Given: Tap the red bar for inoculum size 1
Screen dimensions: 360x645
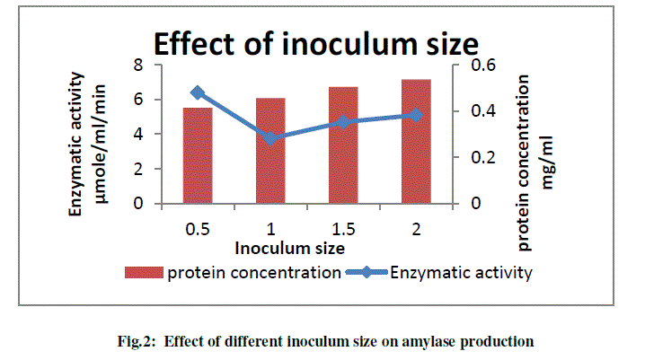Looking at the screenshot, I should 270,151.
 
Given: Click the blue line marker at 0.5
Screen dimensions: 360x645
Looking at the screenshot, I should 198,92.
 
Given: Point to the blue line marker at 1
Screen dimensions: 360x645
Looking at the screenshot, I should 270,138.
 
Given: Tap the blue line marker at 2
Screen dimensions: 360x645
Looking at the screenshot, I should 416,115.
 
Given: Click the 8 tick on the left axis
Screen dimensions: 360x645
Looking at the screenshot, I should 138,65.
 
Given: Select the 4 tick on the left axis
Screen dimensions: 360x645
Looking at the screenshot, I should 138,134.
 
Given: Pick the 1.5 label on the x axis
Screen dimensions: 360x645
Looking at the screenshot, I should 343,230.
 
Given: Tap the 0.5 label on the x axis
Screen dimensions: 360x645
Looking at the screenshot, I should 198,230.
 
